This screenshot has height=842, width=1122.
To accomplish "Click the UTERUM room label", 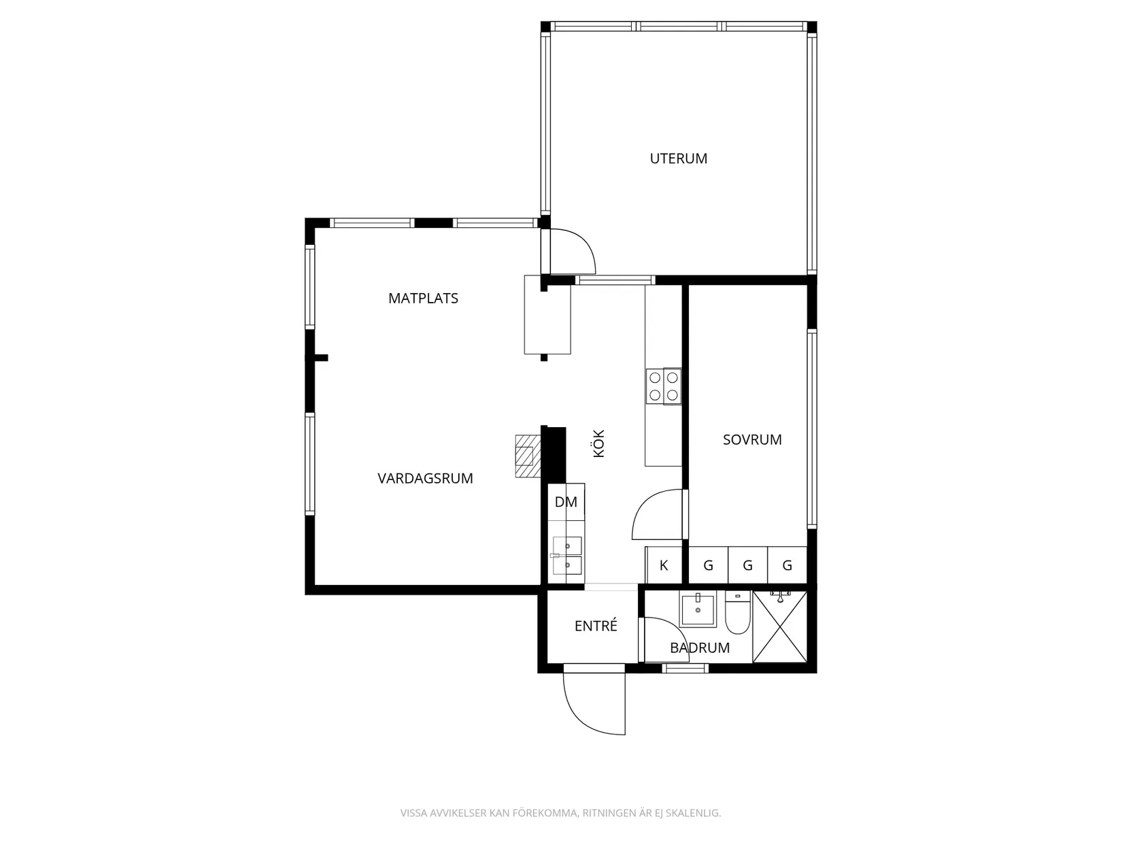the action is [x=679, y=158].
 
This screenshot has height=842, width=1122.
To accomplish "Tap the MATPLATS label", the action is [x=423, y=298].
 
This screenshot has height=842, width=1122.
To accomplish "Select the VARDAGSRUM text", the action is [x=425, y=478].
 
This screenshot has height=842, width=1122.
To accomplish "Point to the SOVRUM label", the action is [x=752, y=439].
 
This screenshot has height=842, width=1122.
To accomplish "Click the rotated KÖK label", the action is [x=599, y=443].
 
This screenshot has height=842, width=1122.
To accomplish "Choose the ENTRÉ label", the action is [x=596, y=625].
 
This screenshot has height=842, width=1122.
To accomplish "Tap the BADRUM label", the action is [x=700, y=647].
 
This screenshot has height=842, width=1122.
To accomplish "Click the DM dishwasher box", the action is [x=566, y=502].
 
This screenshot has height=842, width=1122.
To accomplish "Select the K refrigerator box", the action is [x=664, y=565].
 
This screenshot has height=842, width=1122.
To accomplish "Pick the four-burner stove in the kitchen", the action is [x=664, y=386].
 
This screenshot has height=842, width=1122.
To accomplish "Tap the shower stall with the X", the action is [x=779, y=627].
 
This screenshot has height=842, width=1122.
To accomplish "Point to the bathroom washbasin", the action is [x=698, y=609].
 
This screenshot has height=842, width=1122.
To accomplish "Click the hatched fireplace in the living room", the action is [x=528, y=456].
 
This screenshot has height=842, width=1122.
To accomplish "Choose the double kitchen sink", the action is [x=567, y=555].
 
